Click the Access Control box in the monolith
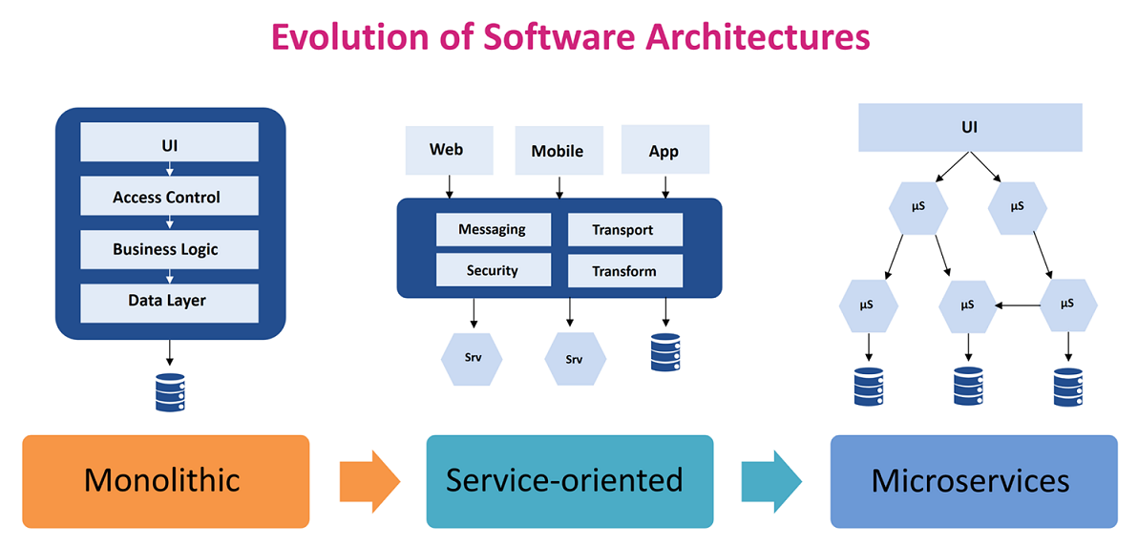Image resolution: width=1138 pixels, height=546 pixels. coord(169,198)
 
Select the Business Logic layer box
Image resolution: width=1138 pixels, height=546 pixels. coord(169,249)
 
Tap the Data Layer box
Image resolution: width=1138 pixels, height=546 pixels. coord(169,302)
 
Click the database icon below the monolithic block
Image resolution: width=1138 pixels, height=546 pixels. coord(170,392)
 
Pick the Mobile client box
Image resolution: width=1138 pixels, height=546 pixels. coord(558,151)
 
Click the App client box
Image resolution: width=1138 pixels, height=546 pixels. coord(664,151)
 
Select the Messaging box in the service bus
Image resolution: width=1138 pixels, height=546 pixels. coord(493,230)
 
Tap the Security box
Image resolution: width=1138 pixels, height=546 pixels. coord(493,270)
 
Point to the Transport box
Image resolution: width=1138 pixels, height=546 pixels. coord(624,230)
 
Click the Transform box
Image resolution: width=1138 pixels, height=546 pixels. coord(624,271)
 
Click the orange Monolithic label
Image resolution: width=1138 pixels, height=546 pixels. coord(165,480)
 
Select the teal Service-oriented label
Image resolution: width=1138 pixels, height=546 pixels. coord(569,480)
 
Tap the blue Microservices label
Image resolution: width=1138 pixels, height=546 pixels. coord(973,480)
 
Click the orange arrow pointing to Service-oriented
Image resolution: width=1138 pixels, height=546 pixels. coord(369,480)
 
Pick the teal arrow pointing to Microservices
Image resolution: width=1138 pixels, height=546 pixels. coord(771,480)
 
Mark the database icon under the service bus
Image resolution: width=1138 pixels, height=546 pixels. coord(664,352)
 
